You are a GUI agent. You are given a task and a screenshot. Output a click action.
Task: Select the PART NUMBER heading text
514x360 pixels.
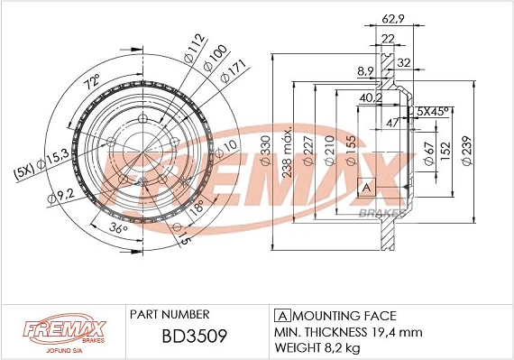coord(170,315)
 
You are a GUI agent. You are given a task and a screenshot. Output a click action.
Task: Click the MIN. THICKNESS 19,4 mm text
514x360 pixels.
coord(346,332)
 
